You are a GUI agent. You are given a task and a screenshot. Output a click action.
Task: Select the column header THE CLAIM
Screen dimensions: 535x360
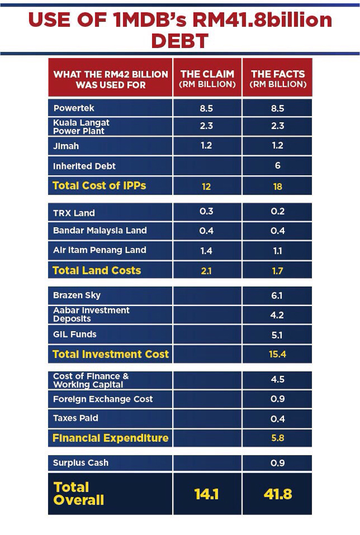coord(206,79)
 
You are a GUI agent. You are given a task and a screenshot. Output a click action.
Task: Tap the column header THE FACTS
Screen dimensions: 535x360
coord(278,79)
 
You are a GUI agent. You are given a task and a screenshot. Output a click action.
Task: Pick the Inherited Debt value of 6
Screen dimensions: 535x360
coord(278,166)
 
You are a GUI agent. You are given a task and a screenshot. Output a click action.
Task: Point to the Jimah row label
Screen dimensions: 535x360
coord(66,146)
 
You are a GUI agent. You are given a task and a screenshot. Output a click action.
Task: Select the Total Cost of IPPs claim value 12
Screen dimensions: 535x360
coord(206,186)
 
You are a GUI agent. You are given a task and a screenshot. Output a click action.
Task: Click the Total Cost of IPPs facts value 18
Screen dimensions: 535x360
coord(278,186)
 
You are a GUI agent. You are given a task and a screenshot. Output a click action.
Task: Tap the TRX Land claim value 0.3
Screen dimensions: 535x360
coord(206,212)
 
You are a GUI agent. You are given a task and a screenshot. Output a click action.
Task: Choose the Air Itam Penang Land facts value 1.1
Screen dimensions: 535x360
coord(278,250)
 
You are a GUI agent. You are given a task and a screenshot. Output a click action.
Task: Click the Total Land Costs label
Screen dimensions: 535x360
coord(97,270)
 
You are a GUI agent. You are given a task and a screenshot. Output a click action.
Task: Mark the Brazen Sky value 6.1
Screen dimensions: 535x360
coord(278,296)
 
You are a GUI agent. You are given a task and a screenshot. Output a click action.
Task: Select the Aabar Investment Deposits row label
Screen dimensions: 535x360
coord(91,314)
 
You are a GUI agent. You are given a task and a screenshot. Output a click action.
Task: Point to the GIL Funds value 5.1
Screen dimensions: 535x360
coord(278,335)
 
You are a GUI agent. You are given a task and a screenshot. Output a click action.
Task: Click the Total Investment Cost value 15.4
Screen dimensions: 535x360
coord(278,355)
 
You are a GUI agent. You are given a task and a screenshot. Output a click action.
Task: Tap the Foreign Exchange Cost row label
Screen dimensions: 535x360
coord(103,399)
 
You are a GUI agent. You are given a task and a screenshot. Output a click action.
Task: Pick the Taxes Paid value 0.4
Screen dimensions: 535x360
coord(278,419)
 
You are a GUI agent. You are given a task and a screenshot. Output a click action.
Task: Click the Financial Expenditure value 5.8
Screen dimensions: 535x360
coord(278,439)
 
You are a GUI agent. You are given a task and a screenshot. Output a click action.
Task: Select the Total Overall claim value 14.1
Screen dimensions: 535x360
coord(206,494)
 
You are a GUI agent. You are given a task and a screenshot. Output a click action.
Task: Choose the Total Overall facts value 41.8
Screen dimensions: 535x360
coord(278,494)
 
